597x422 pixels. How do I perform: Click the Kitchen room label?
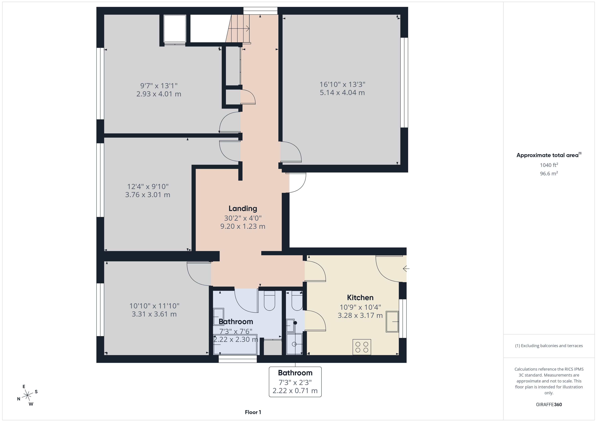[x=360, y=298]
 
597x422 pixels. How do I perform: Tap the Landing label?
[x=243, y=208]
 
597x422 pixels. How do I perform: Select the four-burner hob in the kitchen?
[x=362, y=347]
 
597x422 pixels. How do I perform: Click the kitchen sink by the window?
[x=392, y=322]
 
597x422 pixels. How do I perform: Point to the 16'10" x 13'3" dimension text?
[x=342, y=85]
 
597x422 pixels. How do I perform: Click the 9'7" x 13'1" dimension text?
[x=159, y=86]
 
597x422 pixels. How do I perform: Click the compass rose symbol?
[x=27, y=395]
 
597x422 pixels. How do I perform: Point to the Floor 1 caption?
[x=253, y=412]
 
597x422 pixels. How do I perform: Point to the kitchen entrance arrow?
[x=406, y=268]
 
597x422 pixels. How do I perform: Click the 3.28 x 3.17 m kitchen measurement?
[x=360, y=315]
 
